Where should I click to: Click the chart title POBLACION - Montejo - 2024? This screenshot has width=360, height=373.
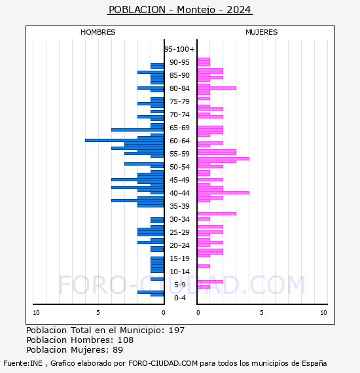coord(180,10)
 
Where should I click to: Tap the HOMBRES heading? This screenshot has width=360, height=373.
coord(98,32)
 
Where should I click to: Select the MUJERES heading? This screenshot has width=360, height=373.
coord(262,32)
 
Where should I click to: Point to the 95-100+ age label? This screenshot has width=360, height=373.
coord(179,49)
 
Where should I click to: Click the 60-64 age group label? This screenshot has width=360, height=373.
coord(179,141)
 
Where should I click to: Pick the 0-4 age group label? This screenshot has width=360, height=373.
coord(179,298)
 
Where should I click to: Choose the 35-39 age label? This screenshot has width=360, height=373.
coord(179,206)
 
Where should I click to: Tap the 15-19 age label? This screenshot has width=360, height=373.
coord(179,258)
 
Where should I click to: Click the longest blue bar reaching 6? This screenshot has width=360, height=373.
coord(124,140)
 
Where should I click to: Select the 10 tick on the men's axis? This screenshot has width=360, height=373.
coord(36,313)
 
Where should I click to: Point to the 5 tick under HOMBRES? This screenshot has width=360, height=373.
coord(98,313)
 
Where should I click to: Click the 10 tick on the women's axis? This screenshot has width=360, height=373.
coord(323,313)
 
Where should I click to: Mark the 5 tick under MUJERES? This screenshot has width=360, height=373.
coord(262,313)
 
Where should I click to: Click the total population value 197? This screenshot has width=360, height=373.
coord(176,330)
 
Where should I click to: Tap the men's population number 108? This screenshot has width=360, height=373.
coord(126,340)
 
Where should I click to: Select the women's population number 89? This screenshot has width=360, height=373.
coord(118,349)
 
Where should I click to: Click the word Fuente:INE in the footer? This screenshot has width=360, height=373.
coord(23,363)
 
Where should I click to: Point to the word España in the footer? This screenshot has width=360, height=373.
coord(314,363)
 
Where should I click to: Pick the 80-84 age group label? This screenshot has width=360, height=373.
coord(179,88)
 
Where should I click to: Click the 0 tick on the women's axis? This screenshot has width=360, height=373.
coord(198,313)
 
